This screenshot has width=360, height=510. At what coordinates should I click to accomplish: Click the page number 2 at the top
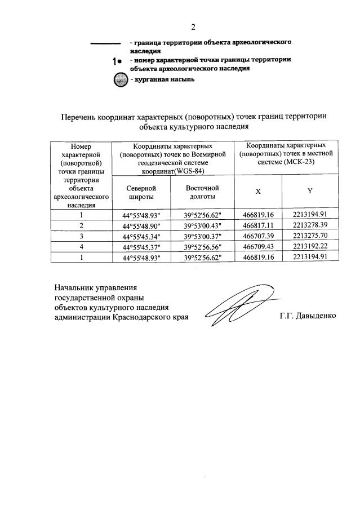(x=193, y=26)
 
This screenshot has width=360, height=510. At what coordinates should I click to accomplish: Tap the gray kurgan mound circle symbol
(x=121, y=79)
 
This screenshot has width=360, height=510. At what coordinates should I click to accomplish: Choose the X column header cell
(x=258, y=192)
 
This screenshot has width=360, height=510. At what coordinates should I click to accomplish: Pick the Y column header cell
(x=310, y=191)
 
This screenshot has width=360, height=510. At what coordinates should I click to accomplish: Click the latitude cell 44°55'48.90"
(x=141, y=225)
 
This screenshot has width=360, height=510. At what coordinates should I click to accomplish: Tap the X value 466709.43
(x=258, y=246)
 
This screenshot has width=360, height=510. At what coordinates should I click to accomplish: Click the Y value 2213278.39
(x=310, y=225)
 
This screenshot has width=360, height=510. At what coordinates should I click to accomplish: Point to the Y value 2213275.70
(x=310, y=236)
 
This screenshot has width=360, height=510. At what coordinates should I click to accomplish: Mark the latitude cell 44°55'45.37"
(x=141, y=246)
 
